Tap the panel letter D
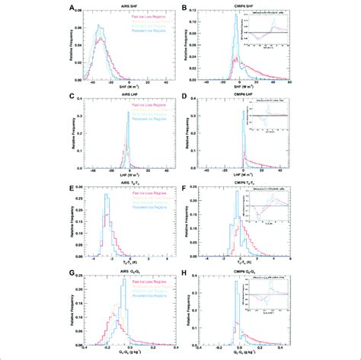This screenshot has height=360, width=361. pos(185,97)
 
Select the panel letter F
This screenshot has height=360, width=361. pos(185,184)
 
